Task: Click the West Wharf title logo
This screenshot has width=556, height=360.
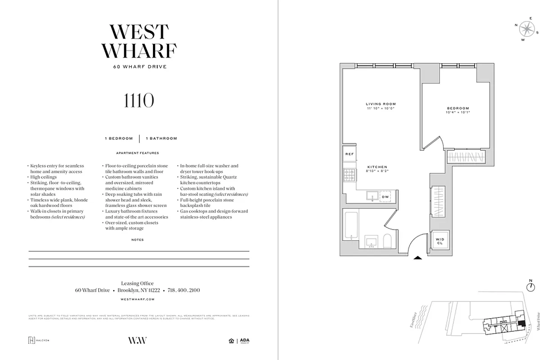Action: click(139, 41)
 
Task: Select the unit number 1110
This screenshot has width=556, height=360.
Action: click(139, 101)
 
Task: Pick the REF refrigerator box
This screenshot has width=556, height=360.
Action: click(350, 154)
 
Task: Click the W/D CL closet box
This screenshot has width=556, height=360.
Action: click(439, 241)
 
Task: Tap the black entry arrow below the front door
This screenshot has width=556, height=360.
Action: click(418, 258)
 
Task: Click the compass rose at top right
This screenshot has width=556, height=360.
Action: click(526, 29)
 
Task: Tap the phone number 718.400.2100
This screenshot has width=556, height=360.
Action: click(184, 290)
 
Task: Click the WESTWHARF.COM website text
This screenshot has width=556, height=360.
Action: click(138, 299)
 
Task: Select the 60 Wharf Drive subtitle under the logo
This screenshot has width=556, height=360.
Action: click(139, 67)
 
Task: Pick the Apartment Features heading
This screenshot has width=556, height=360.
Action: click(137, 153)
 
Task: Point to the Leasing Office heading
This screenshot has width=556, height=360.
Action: click(138, 283)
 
